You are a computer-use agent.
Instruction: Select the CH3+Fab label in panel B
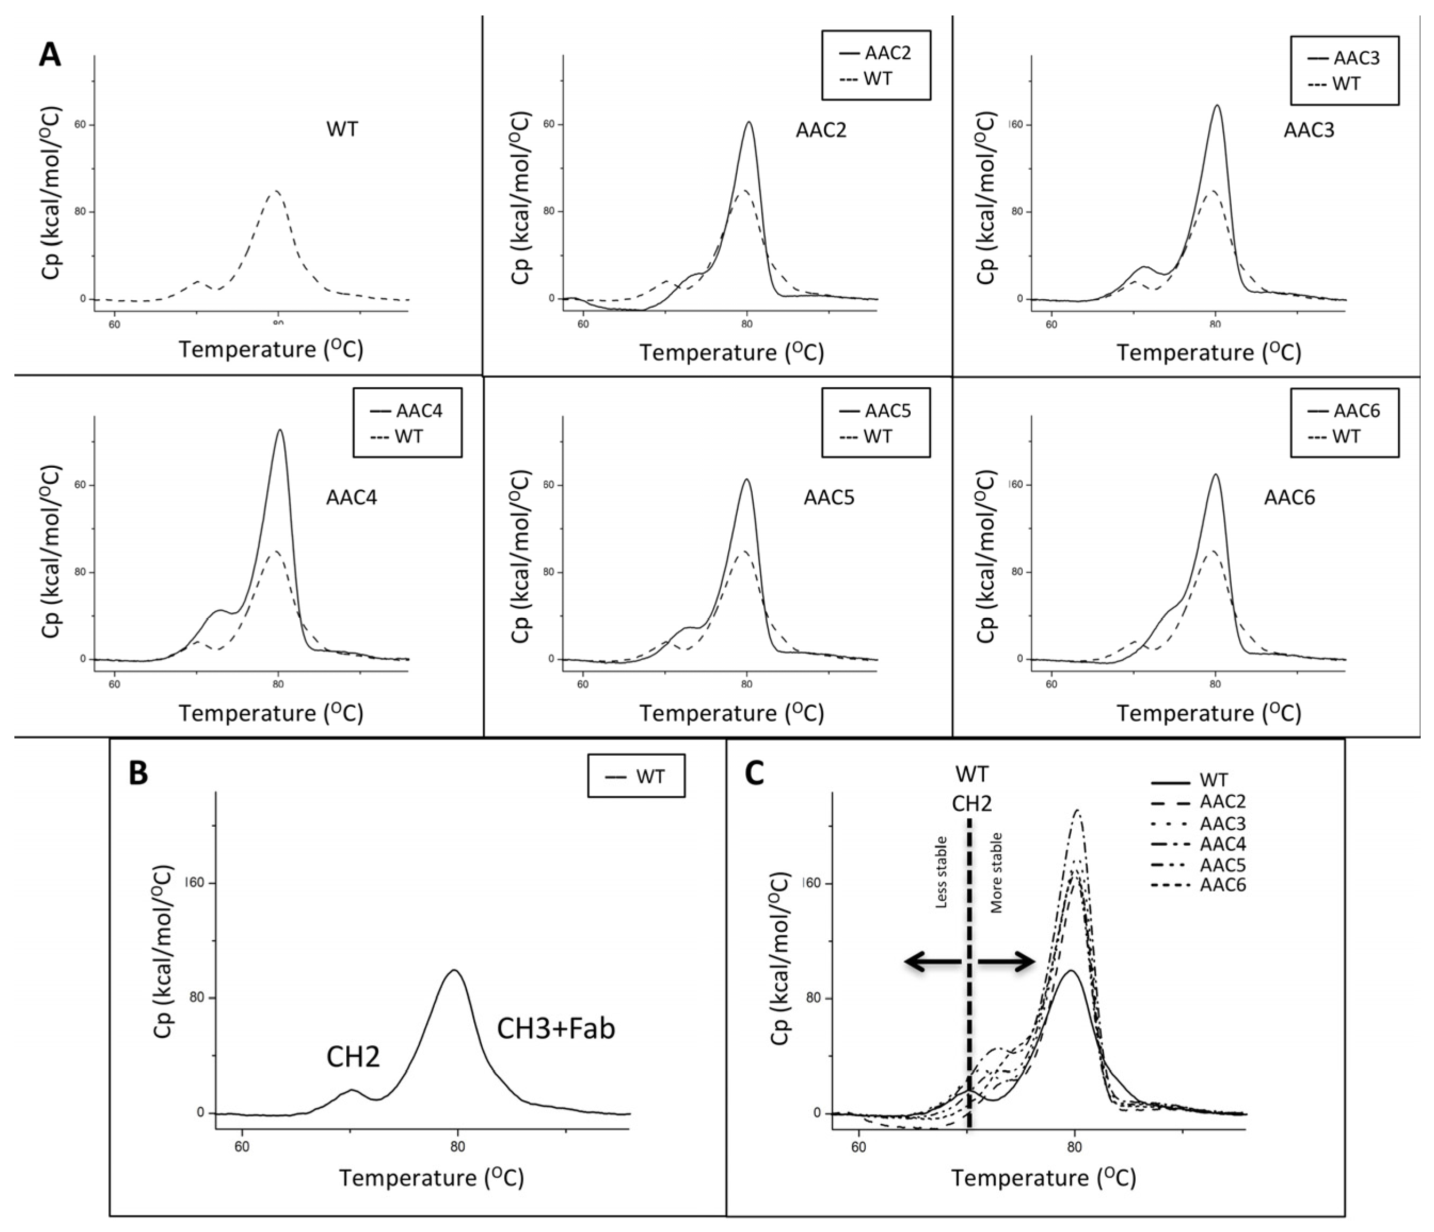(x=556, y=1029)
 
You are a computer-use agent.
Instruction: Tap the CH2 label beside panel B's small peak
(x=353, y=1057)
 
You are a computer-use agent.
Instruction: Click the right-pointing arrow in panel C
(x=1007, y=962)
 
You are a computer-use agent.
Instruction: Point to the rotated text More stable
(x=997, y=873)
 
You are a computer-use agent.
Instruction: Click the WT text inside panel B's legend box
(x=650, y=776)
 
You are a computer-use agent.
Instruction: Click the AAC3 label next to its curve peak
(x=1308, y=130)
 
